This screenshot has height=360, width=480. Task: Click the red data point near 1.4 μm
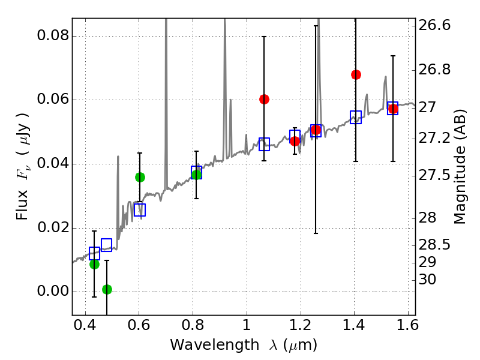pos(356,74)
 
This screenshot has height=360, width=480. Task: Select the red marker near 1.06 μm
pos(264,99)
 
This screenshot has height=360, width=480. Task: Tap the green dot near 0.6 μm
pos(140,177)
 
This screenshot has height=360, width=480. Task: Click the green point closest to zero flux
pos(107,289)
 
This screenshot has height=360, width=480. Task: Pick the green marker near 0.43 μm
pos(94,264)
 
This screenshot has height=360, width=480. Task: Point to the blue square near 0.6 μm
pos(140,210)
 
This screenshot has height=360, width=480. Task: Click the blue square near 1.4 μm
pos(356,117)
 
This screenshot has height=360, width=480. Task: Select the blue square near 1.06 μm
pos(264,144)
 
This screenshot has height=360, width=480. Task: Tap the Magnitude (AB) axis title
pos(461,167)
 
